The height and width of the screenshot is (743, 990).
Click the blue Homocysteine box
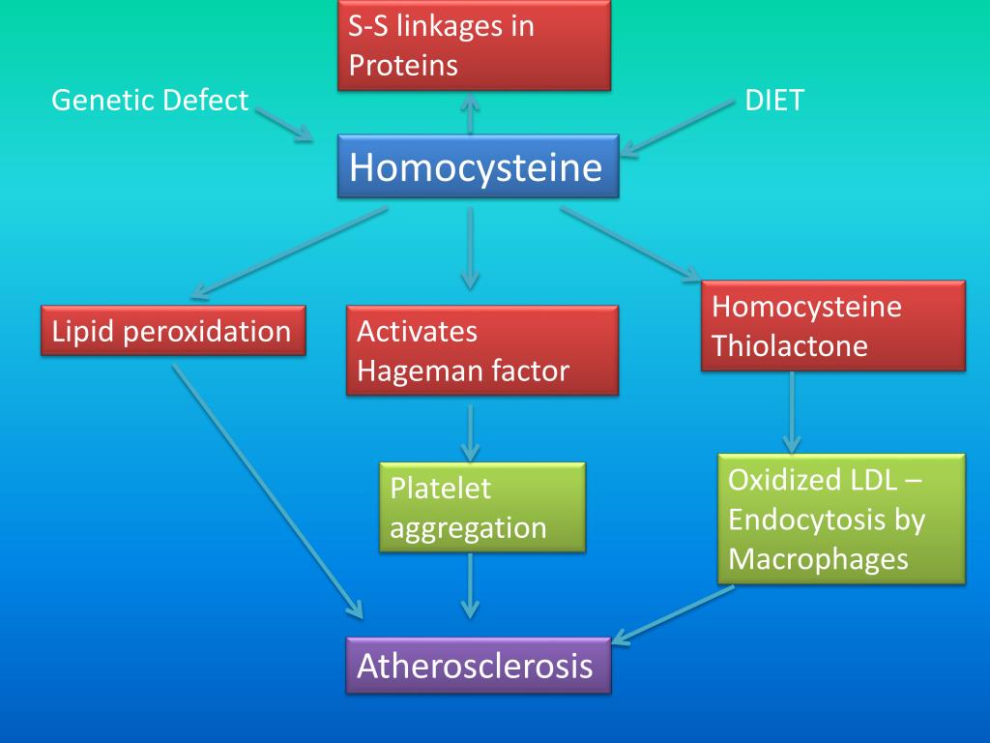click(x=478, y=167)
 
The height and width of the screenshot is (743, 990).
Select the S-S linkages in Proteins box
click(x=474, y=45)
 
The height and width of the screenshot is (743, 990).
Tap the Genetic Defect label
click(x=150, y=100)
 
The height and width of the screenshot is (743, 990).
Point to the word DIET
click(x=773, y=100)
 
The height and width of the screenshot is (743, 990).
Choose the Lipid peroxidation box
click(x=173, y=332)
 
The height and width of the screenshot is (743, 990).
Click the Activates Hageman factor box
click(x=481, y=350)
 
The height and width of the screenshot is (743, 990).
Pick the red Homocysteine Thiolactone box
click(x=832, y=326)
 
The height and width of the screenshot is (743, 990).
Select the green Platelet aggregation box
click(x=481, y=507)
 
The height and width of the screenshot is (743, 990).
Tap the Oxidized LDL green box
click(x=841, y=519)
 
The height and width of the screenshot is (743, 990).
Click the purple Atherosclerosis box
click(x=478, y=666)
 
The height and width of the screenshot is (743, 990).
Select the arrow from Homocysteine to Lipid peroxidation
click(x=290, y=251)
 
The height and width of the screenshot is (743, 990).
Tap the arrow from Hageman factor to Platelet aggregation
click(x=470, y=431)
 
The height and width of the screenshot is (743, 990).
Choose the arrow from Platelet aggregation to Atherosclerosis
click(x=470, y=584)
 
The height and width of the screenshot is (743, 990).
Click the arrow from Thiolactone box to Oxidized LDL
click(x=792, y=412)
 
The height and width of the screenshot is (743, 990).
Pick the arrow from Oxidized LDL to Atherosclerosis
click(x=673, y=613)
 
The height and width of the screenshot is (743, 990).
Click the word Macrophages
click(x=817, y=559)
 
